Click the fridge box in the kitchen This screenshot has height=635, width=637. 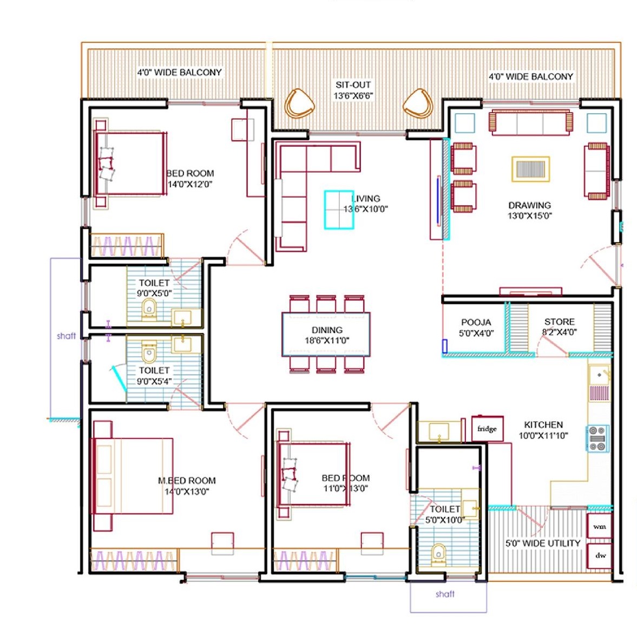pyautogui.click(x=488, y=428)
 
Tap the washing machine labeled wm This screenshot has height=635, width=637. pyautogui.click(x=600, y=526)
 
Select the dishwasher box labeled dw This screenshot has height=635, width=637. pyautogui.click(x=600, y=555)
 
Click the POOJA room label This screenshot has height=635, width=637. pyautogui.click(x=476, y=322)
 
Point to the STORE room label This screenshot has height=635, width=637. pyautogui.click(x=560, y=322)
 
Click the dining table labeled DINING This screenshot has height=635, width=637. pyautogui.click(x=326, y=334)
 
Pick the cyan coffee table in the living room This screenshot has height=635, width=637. pyautogui.click(x=339, y=210)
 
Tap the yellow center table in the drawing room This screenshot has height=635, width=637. pyautogui.click(x=530, y=168)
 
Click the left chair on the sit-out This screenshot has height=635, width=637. pyautogui.click(x=299, y=103)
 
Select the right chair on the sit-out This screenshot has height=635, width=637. pyautogui.click(x=418, y=103)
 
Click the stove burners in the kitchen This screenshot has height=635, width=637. pyautogui.click(x=597, y=438)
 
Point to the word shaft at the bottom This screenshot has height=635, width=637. pyautogui.click(x=445, y=594)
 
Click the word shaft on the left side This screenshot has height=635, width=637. pyautogui.click(x=66, y=336)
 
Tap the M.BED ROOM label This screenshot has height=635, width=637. pyautogui.click(x=187, y=480)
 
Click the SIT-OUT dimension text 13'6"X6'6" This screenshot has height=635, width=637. pyautogui.click(x=353, y=96)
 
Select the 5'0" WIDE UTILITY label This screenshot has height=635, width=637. pyautogui.click(x=543, y=543)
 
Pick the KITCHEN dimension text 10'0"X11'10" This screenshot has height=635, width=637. pyautogui.click(x=543, y=436)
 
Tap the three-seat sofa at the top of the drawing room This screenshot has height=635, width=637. pyautogui.click(x=530, y=122)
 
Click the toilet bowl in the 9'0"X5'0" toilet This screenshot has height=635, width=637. pyautogui.click(x=149, y=310)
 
